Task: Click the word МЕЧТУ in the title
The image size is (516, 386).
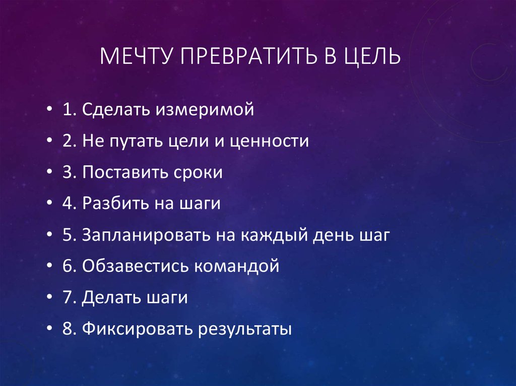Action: coord(136,56)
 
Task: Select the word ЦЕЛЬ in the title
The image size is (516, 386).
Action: coord(372,56)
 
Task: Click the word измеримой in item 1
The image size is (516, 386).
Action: coord(205,110)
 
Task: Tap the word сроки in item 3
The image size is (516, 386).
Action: coord(198,173)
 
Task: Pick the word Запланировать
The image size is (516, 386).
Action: coord(146,235)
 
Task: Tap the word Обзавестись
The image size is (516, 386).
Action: coord(135,266)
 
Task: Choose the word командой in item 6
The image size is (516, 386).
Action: coord(237,266)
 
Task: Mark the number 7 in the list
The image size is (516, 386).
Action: coord(67,297)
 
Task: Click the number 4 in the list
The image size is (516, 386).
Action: coord(68,203)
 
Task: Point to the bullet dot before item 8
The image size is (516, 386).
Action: coord(49,329)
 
